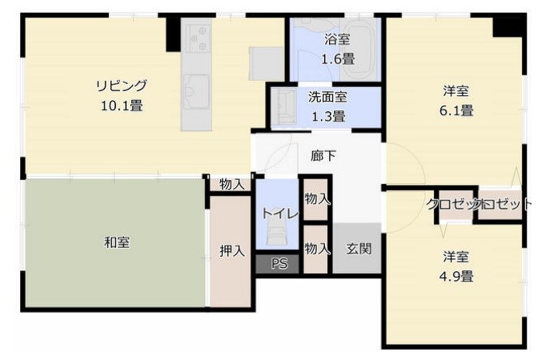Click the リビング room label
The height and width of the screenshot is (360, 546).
point(122,86)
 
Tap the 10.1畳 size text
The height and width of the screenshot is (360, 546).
point(122,104)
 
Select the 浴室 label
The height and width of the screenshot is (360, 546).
point(336,39)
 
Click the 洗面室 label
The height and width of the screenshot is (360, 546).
point(327,98)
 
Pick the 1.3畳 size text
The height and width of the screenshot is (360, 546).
point(327,116)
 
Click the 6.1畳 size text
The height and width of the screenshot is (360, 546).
point(456,110)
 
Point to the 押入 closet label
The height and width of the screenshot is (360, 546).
point(231,250)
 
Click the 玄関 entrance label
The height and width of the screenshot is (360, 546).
point(358,248)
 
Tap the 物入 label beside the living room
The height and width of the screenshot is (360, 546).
point(231,184)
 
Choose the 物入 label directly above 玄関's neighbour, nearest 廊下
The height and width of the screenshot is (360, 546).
point(317,198)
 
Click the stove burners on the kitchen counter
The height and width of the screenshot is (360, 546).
point(197,36)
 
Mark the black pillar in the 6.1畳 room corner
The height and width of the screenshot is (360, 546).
point(508,26)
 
